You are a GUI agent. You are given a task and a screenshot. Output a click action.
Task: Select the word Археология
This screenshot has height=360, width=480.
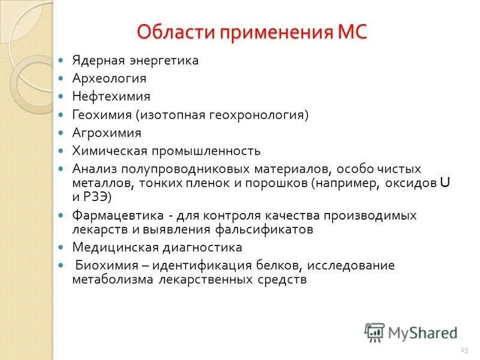(109, 79)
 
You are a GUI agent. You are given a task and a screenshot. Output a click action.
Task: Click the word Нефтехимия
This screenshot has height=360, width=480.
(111, 97)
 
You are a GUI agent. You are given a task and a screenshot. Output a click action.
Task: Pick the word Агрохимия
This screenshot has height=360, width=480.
(107, 133)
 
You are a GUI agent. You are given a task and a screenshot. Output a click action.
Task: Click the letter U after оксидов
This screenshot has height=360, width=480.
(444, 183)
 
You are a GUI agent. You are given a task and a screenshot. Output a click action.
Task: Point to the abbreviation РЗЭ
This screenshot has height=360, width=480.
(97, 196)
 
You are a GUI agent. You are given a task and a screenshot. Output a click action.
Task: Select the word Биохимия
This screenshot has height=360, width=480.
(101, 265)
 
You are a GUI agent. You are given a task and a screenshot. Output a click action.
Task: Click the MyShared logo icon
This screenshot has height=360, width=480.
(374, 331)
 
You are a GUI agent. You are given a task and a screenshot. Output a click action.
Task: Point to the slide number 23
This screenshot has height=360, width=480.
(464, 349)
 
